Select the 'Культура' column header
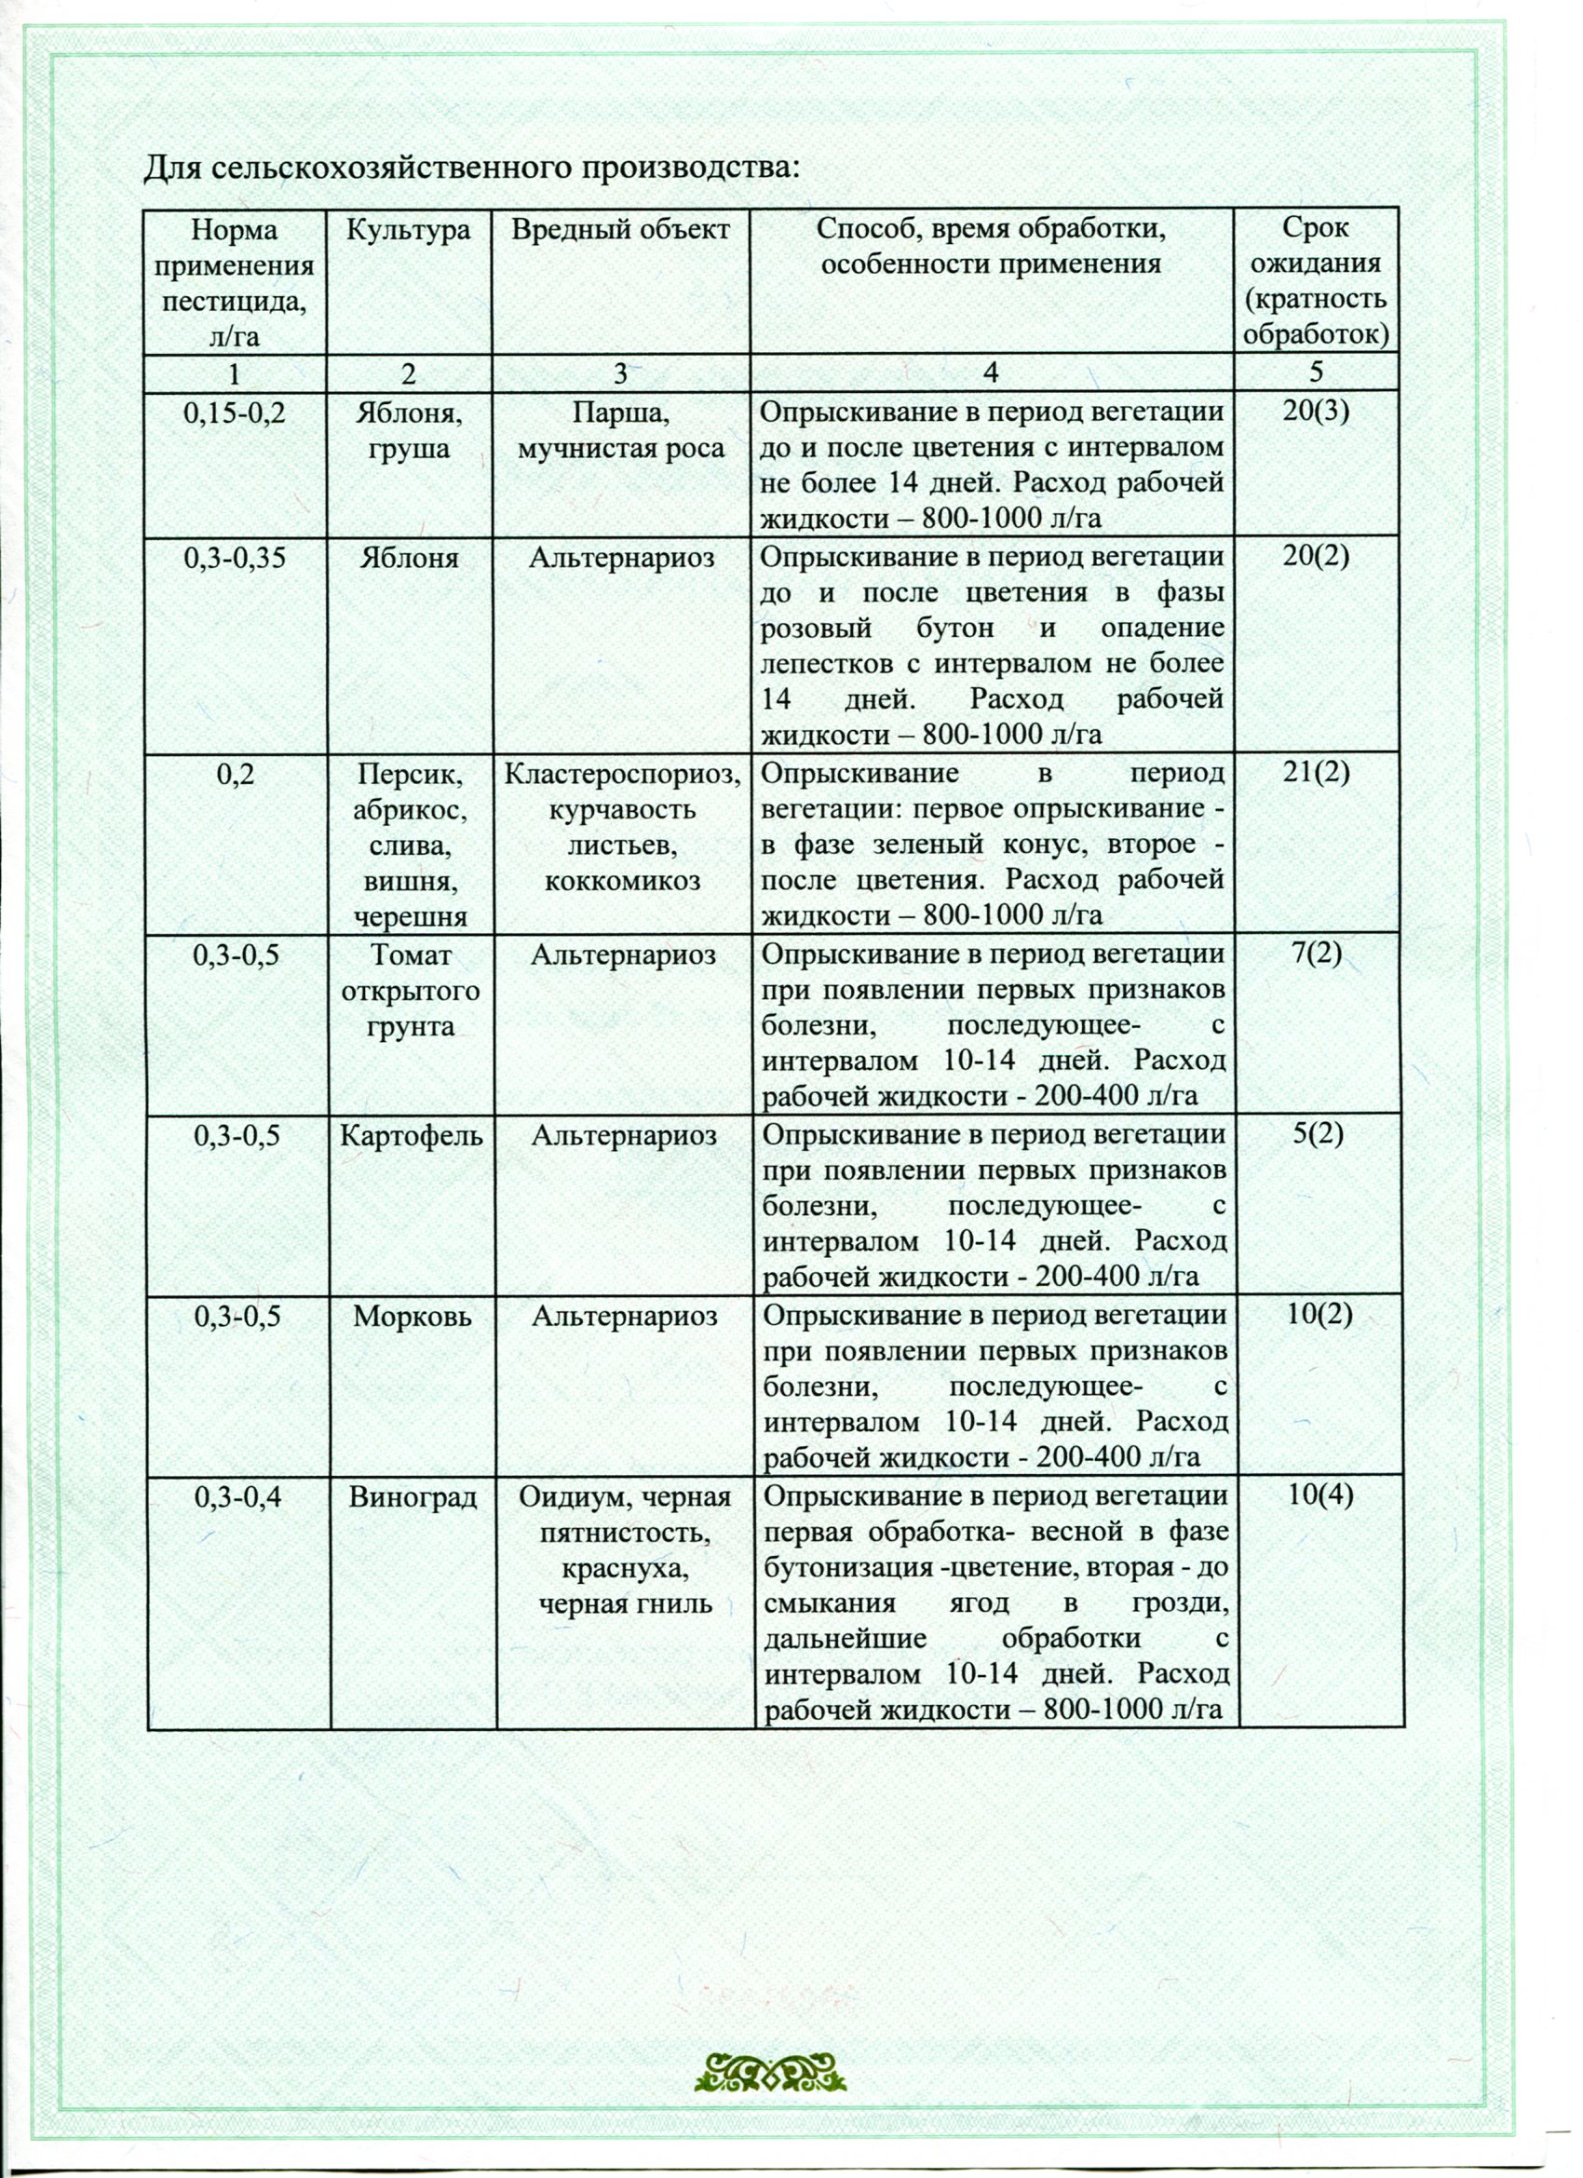tap(408, 231)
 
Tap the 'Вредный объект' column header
tap(619, 231)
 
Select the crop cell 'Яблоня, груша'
tap(408, 431)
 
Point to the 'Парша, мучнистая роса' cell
tap(620, 431)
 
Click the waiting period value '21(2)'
tap(1315, 773)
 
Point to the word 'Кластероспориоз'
tap(622, 774)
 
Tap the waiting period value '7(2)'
tap(1316, 954)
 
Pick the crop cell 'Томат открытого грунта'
tap(410, 990)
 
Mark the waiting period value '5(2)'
tap(1317, 1135)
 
